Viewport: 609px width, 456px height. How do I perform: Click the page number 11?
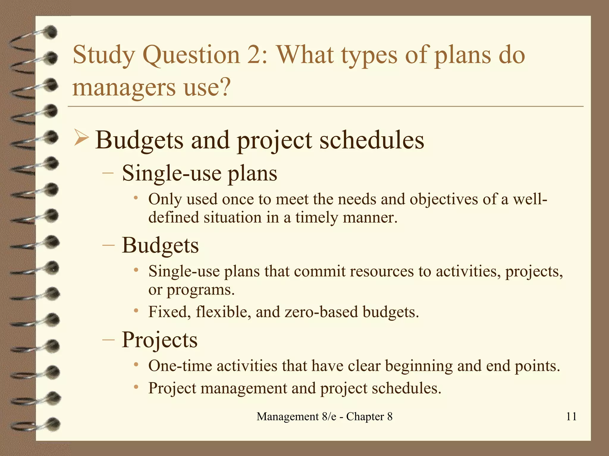click(x=571, y=417)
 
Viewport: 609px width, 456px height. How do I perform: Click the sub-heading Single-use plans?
click(x=200, y=173)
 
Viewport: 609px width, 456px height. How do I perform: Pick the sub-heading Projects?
click(x=160, y=340)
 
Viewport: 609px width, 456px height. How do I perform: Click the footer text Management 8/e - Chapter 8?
click(x=324, y=417)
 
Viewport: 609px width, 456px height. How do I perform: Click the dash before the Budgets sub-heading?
click(x=108, y=246)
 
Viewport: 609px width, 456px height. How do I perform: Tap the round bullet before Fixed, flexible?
click(x=136, y=311)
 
